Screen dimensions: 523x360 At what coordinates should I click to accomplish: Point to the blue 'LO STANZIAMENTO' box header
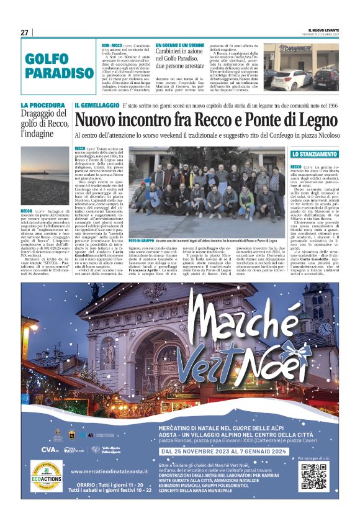pos(315,153)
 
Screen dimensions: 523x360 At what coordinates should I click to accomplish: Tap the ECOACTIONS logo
pos(45,476)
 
